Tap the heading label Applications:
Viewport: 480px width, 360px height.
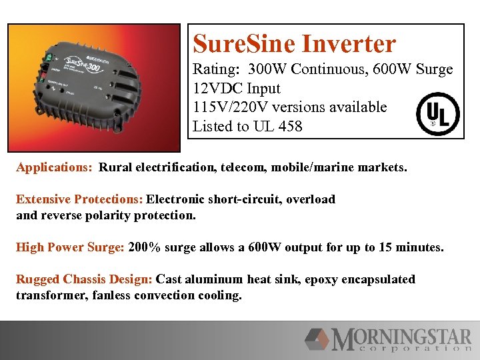click(x=54, y=167)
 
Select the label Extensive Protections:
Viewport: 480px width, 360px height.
click(x=79, y=199)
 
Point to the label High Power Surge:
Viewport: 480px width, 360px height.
click(x=70, y=247)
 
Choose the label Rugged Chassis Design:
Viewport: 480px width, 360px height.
click(x=84, y=279)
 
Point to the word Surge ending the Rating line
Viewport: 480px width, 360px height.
click(x=433, y=69)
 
